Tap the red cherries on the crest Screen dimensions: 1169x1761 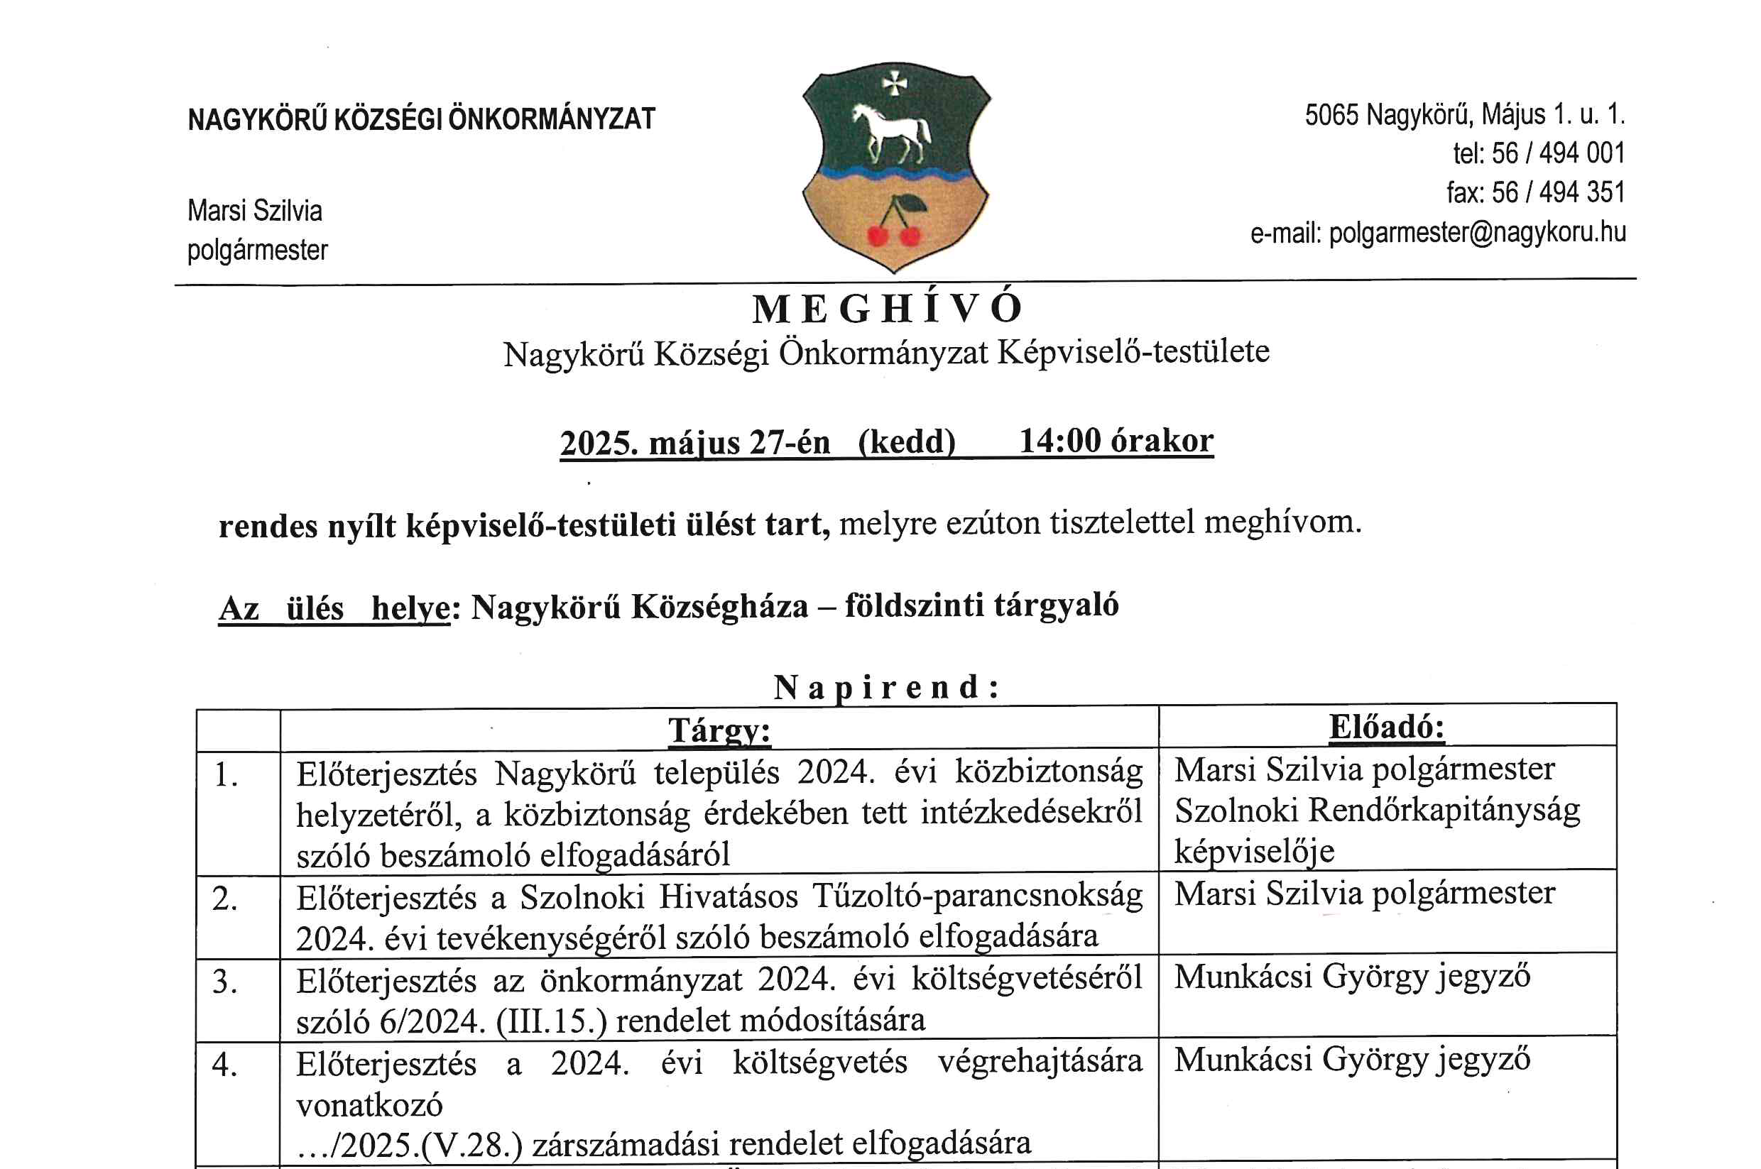click(893, 234)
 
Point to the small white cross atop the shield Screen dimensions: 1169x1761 click(893, 84)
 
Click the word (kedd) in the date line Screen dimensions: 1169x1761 click(906, 442)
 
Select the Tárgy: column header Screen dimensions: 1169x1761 click(719, 730)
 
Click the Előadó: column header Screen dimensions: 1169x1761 click(1387, 727)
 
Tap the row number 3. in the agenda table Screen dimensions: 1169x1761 click(225, 981)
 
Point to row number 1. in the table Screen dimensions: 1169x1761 click(226, 775)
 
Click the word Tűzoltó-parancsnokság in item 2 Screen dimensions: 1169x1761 click(977, 896)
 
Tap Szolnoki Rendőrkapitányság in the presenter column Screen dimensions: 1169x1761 click(1377, 811)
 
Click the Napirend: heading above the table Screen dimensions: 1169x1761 click(886, 687)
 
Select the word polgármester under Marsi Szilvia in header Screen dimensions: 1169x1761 click(257, 251)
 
